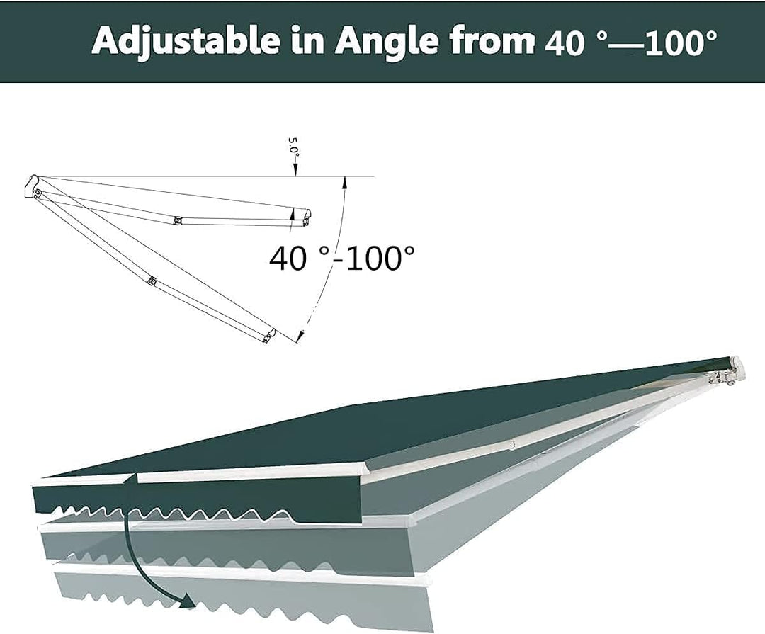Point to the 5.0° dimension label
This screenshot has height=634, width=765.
point(293,147)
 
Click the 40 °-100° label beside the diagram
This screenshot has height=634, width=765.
point(342,257)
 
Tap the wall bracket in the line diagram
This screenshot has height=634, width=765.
point(33,187)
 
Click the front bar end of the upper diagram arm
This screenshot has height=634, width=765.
point(307,218)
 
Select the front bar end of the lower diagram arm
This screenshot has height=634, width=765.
point(269,336)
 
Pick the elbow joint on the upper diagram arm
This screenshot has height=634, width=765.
point(178,220)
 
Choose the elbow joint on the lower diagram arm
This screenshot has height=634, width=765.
point(153,281)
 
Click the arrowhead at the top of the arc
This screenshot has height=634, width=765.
point(345,181)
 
